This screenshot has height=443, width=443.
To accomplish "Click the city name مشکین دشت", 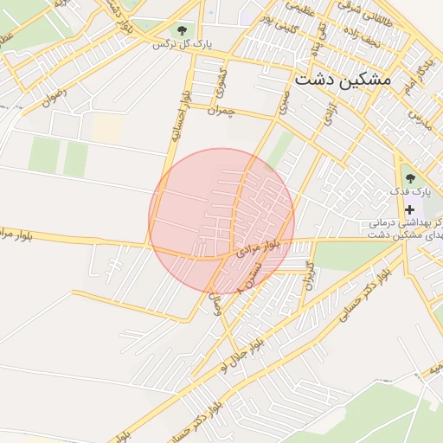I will point(343,79).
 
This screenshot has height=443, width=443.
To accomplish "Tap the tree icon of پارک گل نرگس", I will point(180,30).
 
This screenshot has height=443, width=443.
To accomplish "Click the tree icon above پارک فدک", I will point(410,178).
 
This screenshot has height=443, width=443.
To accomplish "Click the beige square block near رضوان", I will point(107,129).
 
